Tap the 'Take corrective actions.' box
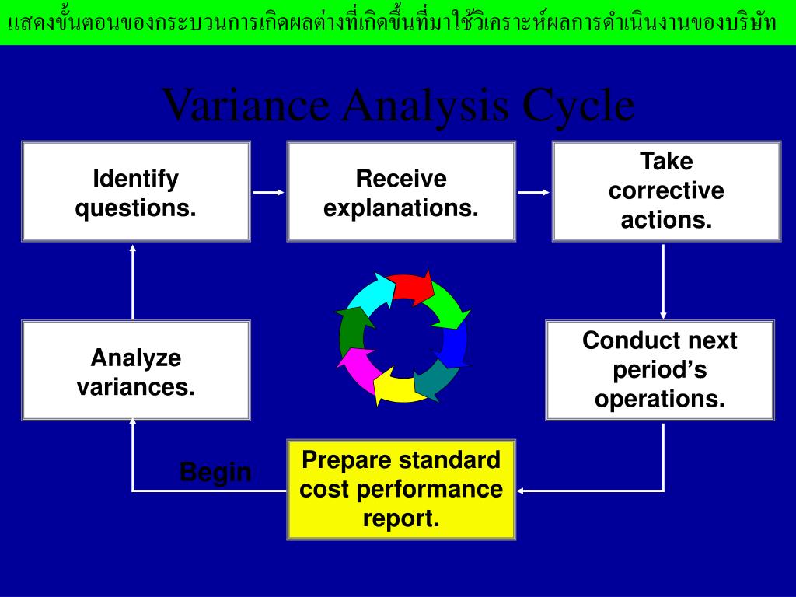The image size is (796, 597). (x=666, y=191)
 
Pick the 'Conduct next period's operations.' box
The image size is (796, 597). (x=660, y=370)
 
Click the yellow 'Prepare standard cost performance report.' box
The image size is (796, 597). (x=401, y=490)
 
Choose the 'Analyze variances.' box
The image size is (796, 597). (x=136, y=371)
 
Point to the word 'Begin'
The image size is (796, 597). (x=215, y=472)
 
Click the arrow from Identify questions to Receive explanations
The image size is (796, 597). (x=269, y=191)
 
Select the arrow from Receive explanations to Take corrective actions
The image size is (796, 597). (x=534, y=191)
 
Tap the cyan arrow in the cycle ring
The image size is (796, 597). (x=370, y=295)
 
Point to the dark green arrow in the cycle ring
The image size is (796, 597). (x=351, y=330)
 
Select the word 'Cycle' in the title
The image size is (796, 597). (x=578, y=106)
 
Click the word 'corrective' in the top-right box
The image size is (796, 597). (x=666, y=191)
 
